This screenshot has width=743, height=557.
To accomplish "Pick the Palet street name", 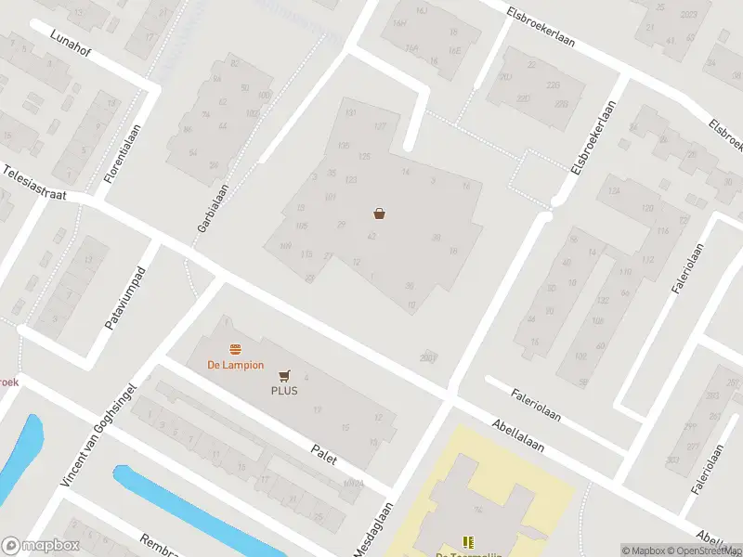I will coord(322,456).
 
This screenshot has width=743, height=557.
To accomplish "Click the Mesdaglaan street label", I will coord(374,530).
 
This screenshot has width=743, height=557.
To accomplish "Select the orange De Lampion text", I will coord(235,365).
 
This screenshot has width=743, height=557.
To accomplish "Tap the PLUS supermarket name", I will coord(284,391).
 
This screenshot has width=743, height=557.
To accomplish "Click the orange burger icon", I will coord(236,350).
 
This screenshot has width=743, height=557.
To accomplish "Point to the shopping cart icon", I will coord(284,376).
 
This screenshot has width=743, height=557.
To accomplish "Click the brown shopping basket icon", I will coord(380,214).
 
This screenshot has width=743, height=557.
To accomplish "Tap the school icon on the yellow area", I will coord(468,541).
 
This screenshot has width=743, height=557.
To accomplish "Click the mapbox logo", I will coord(39,545).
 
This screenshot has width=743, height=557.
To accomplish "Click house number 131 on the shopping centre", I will coord(350,113).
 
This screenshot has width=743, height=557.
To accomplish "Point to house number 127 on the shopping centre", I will coord(379,126).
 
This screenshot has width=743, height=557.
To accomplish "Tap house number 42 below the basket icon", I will coord(371,238).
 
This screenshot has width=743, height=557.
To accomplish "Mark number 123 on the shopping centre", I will coord(351,179).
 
